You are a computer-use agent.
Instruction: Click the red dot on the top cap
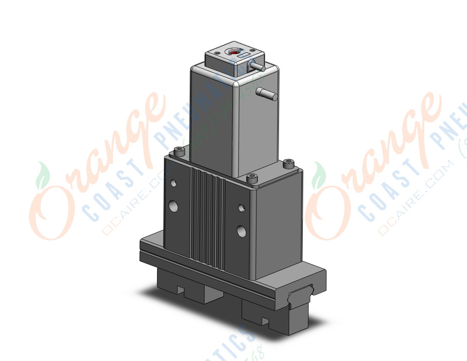pyautogui.click(x=233, y=52)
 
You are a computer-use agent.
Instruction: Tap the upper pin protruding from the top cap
pyautogui.click(x=256, y=66)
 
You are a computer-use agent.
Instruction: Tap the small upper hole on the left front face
pyautogui.click(x=173, y=183)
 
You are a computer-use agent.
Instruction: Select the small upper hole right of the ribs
pyautogui.click(x=241, y=208)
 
